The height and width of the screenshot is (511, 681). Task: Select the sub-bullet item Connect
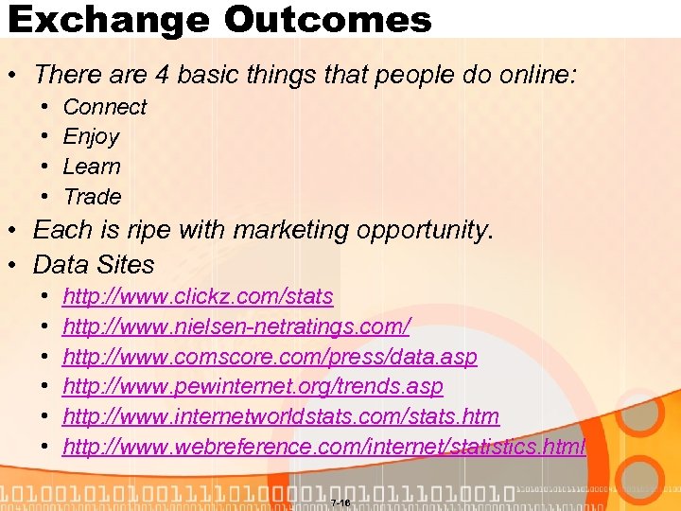(x=104, y=107)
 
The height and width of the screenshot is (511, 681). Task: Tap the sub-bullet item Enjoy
(x=91, y=137)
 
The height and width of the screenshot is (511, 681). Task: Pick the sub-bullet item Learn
(x=92, y=167)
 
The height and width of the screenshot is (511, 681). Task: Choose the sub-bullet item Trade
(x=92, y=197)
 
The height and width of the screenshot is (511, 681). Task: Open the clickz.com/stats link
(x=198, y=297)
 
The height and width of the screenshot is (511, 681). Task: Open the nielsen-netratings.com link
(x=236, y=327)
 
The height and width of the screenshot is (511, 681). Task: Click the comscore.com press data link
(x=270, y=358)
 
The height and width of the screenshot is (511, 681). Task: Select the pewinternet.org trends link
(x=253, y=387)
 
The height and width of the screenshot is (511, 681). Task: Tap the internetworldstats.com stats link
(x=281, y=417)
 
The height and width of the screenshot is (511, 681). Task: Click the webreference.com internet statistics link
(x=324, y=447)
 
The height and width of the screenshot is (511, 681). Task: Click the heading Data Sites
(x=94, y=264)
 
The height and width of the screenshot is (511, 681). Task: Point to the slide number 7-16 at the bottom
(x=340, y=502)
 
